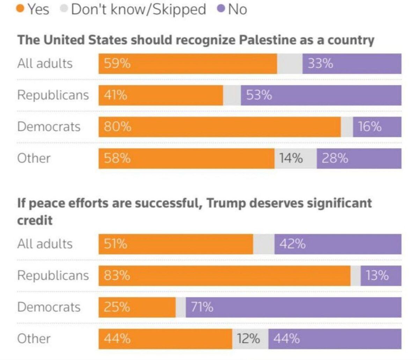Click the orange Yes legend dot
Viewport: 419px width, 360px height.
21,9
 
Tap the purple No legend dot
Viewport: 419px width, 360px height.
221,9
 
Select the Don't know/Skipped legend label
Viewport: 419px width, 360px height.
138,9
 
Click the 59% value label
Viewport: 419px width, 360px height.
117,64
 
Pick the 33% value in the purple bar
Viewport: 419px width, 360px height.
320,64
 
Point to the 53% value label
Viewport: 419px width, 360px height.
259,95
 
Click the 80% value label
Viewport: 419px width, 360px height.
117,126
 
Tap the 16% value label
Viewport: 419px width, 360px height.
369,126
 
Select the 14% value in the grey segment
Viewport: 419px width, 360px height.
291,158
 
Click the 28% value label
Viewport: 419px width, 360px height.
335,158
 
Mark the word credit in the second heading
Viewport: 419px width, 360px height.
35,220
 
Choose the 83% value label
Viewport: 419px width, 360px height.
117,275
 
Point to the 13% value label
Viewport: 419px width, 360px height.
377,275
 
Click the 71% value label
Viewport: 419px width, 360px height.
202,307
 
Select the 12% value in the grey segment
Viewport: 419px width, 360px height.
248,338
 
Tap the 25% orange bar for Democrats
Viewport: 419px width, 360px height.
137,307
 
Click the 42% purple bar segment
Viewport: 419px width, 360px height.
338,244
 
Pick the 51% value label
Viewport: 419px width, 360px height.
115,244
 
